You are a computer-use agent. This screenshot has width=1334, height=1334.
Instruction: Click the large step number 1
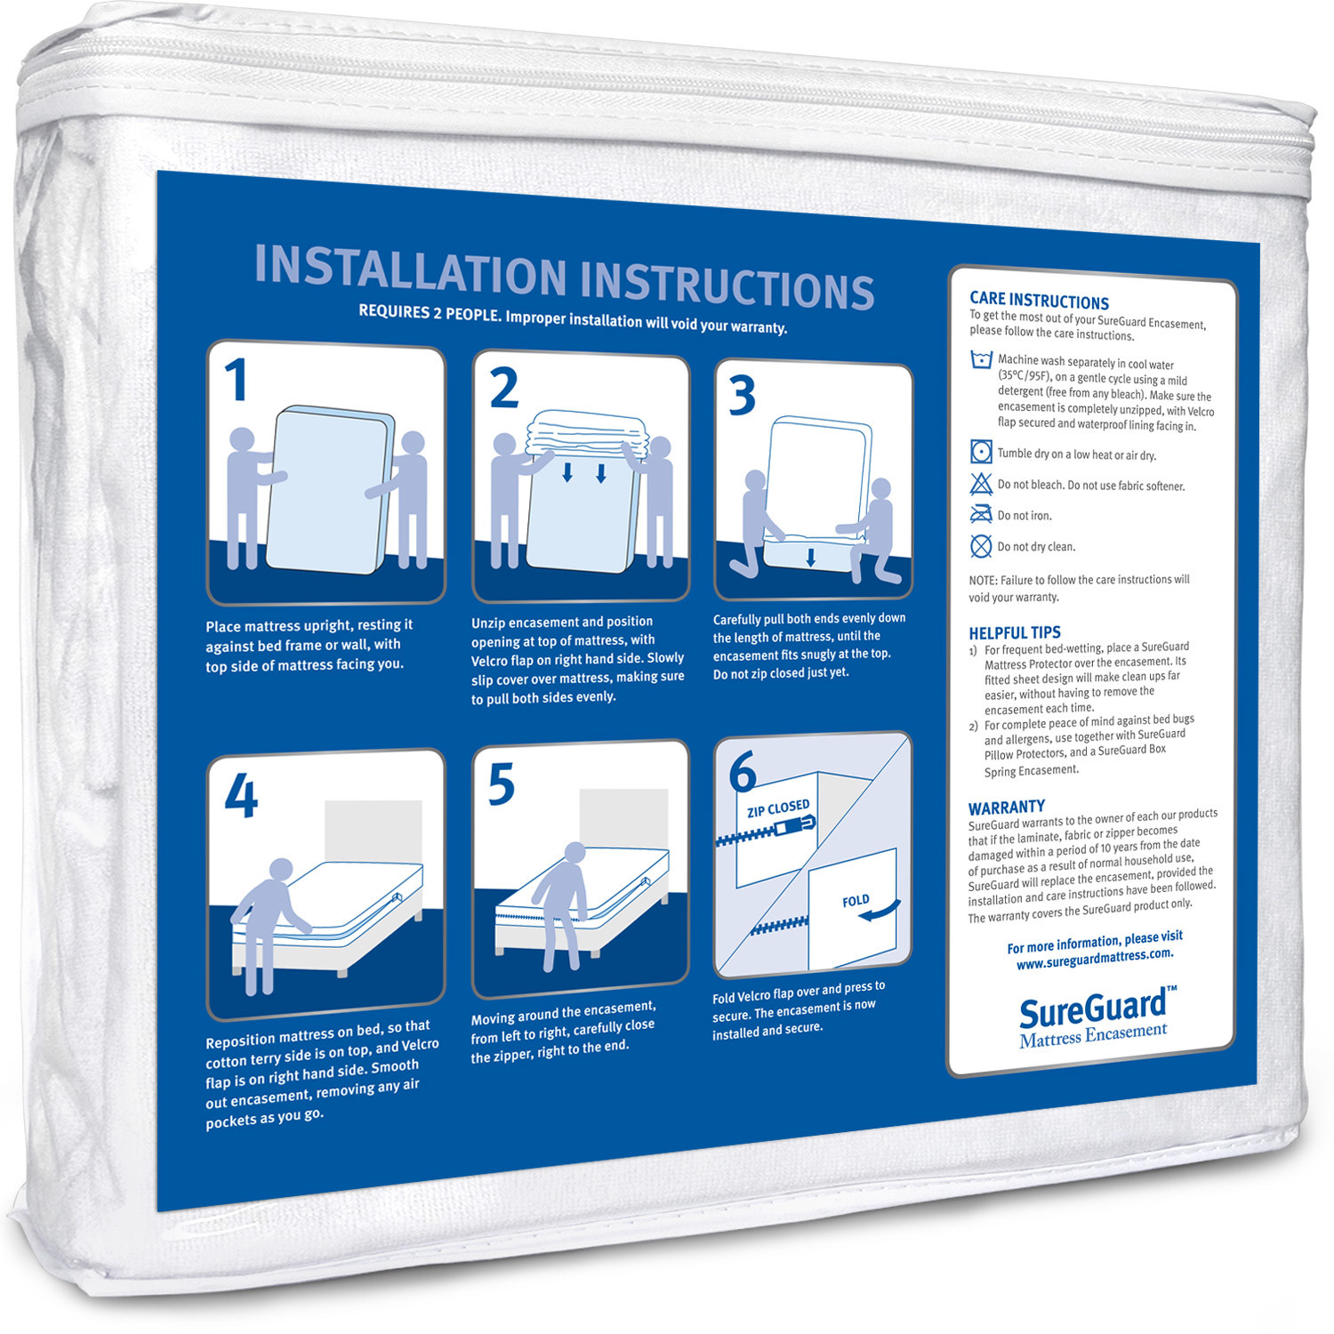(236, 380)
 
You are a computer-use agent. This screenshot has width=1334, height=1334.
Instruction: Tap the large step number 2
(504, 388)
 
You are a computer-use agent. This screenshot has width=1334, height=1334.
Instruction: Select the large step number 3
(742, 395)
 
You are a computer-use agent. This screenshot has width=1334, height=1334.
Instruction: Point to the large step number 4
(241, 795)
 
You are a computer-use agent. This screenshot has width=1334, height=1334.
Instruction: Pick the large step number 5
(502, 784)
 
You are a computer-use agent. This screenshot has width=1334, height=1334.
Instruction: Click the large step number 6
(742, 772)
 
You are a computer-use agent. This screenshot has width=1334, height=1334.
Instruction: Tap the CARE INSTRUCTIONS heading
(1039, 301)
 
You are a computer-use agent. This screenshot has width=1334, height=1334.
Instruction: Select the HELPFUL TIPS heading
(1015, 633)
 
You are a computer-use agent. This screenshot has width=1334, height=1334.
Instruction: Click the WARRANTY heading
(1007, 808)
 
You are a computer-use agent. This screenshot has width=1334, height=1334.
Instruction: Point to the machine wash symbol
(981, 359)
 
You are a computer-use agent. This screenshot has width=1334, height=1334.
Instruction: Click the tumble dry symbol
(981, 452)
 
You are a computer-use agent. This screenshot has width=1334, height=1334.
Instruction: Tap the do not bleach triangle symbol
(981, 484)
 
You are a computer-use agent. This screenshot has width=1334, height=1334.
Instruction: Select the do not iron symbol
(981, 514)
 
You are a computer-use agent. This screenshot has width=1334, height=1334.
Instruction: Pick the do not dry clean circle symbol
(981, 546)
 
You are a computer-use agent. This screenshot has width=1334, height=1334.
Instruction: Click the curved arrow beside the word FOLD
(880, 912)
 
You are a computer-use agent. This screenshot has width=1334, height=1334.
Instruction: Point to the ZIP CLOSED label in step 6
(778, 808)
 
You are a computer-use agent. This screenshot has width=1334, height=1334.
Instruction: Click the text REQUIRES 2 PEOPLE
(429, 312)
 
